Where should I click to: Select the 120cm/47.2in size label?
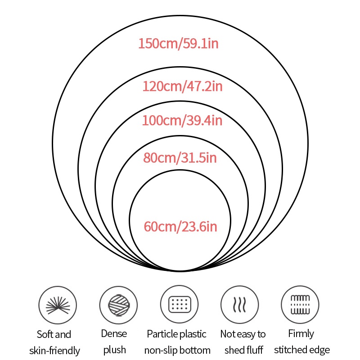(x=182, y=86)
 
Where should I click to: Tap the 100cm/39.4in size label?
(x=182, y=121)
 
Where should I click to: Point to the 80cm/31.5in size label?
(x=180, y=158)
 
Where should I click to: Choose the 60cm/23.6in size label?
(x=180, y=227)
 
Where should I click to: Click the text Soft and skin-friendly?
(x=54, y=342)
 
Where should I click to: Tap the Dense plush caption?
(x=114, y=342)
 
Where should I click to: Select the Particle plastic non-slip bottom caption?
(x=177, y=342)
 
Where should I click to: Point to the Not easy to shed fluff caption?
(x=243, y=342)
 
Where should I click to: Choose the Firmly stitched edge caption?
(x=301, y=342)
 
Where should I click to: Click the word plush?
(x=114, y=350)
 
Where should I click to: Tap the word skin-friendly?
(x=54, y=351)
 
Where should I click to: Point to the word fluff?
(x=255, y=350)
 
